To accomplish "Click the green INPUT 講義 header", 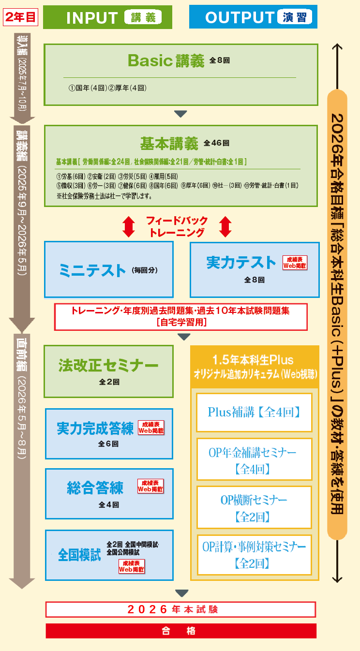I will [107, 17].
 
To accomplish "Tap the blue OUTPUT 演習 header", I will [253, 17].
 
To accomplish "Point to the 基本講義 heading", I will [169, 144].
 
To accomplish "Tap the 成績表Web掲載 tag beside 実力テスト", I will [295, 262].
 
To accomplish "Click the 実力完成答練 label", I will [95, 429].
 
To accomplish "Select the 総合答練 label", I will [95, 488].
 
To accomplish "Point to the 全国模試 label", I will [79, 554].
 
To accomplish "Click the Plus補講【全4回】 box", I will [254, 413].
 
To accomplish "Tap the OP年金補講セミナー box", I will [254, 459].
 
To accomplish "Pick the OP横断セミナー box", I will [254, 507].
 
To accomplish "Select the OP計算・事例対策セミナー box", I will [254, 555].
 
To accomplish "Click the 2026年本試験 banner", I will [180, 609].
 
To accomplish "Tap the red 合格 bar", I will [180, 631].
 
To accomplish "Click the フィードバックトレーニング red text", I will [177, 226].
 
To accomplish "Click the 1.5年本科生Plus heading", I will [254, 360].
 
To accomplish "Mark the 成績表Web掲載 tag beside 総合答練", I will [150, 486].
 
